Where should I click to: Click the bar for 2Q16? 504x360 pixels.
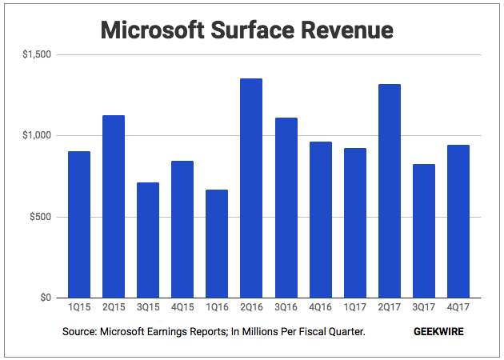(251, 188)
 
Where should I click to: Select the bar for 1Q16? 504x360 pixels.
(217, 244)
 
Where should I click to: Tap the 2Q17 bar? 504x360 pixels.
(390, 191)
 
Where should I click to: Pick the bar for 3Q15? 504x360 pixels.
(148, 241)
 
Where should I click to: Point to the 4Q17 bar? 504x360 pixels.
(458, 222)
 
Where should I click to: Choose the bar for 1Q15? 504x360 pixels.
(79, 225)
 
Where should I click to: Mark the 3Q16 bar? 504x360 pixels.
(286, 208)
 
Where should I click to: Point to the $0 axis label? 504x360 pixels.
(46, 298)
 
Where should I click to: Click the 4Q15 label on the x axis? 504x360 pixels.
(182, 307)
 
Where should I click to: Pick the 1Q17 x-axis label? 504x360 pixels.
(355, 307)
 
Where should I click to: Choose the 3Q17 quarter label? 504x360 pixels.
(424, 307)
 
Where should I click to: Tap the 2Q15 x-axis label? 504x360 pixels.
(114, 307)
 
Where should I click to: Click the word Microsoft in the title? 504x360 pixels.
(152, 30)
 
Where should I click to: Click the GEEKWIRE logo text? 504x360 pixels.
(438, 332)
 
